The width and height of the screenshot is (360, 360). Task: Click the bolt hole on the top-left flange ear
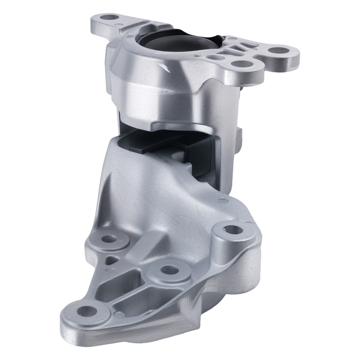pyautogui.click(x=107, y=17)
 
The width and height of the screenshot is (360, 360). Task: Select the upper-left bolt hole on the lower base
pyautogui.click(x=108, y=238)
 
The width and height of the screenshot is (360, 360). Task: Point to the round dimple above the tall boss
pyautogui.click(x=223, y=201)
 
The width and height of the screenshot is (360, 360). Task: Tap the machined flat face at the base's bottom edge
pyautogui.click(x=187, y=311)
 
